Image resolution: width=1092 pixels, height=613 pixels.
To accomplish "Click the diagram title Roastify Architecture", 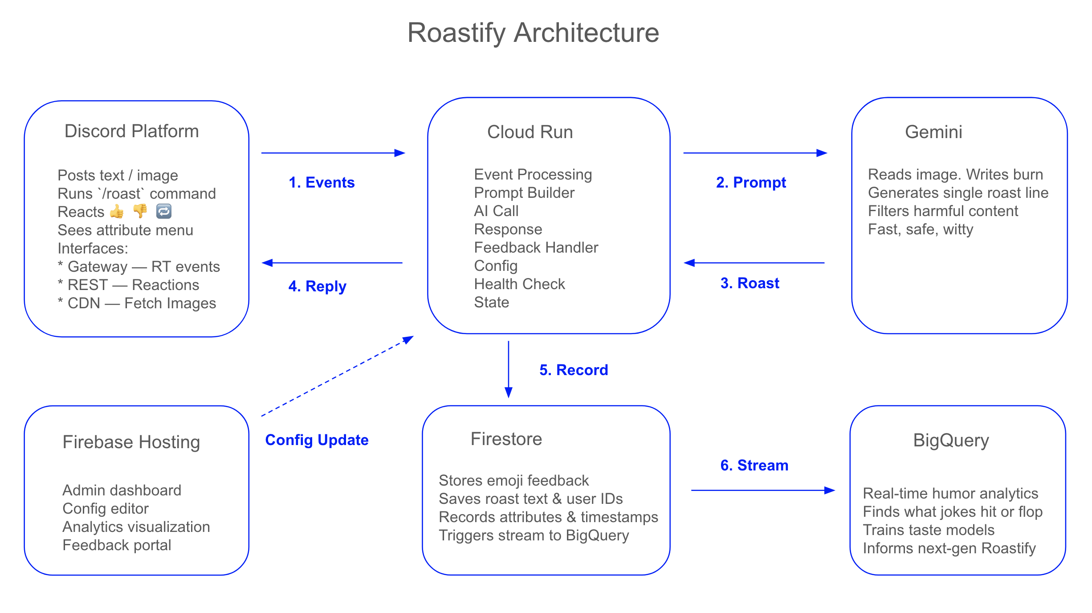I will (x=533, y=33).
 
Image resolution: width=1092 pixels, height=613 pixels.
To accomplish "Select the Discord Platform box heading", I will (x=131, y=131).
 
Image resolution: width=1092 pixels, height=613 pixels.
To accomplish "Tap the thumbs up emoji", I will (x=117, y=212).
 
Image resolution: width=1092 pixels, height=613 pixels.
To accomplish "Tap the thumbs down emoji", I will (x=140, y=211).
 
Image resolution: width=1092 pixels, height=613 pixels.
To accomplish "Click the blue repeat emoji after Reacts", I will (x=164, y=211).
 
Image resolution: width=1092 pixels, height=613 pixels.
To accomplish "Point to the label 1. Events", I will (x=322, y=183).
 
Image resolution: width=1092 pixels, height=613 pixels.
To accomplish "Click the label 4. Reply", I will (x=317, y=286).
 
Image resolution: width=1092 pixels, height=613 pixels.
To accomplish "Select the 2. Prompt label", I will (x=751, y=183).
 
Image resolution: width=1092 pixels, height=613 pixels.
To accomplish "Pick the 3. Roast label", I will (x=750, y=283).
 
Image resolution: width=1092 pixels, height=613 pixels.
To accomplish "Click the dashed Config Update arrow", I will (x=338, y=376).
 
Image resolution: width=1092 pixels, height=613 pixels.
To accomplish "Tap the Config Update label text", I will (x=317, y=440).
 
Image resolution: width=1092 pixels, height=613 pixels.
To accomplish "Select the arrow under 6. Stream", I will (x=762, y=490).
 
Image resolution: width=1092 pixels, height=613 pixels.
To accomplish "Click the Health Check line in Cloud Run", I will (x=519, y=284).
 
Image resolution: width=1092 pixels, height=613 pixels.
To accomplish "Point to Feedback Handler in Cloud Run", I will (x=536, y=248).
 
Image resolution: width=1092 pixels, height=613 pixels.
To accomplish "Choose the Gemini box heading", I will (x=933, y=132).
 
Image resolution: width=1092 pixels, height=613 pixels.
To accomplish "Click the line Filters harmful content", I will (x=943, y=211).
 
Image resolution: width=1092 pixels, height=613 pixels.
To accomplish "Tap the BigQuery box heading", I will (x=951, y=441).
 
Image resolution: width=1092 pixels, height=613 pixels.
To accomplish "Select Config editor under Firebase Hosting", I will (x=106, y=509).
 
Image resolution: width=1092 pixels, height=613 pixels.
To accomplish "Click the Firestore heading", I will (x=506, y=439).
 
